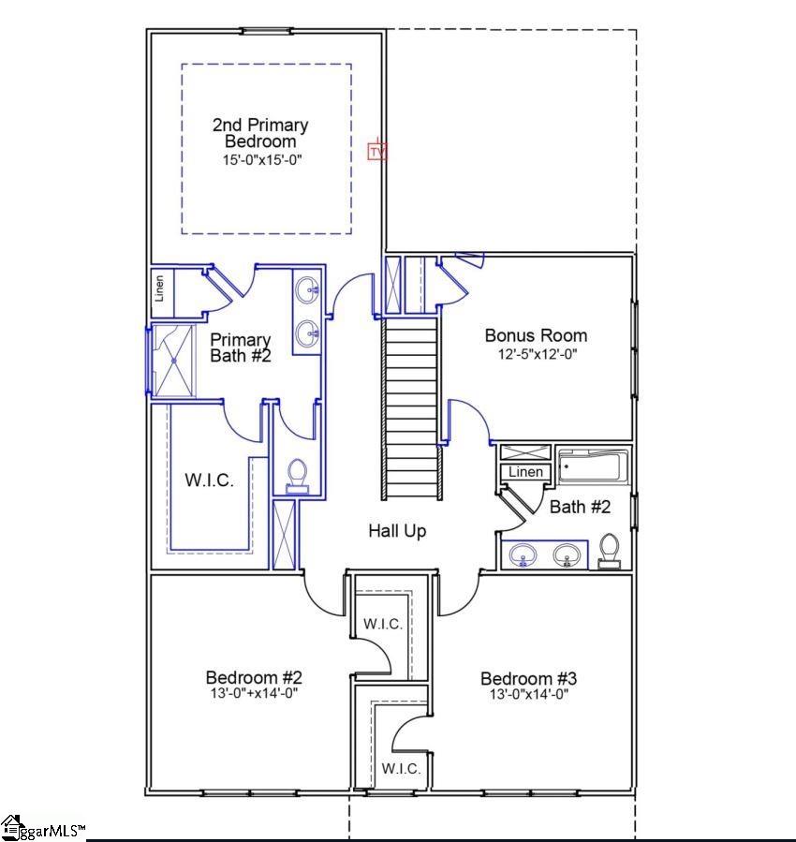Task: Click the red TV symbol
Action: click(x=376, y=150)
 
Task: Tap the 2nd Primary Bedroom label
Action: click(x=260, y=133)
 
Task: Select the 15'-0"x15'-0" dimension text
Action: click(x=262, y=160)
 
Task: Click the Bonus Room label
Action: click(x=536, y=335)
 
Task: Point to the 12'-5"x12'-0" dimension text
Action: click(x=536, y=355)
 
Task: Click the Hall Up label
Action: click(x=397, y=531)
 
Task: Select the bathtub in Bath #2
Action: click(x=593, y=466)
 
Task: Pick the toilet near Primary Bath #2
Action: click(x=298, y=476)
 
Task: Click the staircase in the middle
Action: click(x=411, y=407)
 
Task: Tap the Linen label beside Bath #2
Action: click(x=526, y=472)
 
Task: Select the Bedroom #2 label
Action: click(x=254, y=677)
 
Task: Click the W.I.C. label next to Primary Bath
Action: click(x=209, y=480)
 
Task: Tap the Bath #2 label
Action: click(x=580, y=507)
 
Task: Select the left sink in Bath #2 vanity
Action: click(x=522, y=556)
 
